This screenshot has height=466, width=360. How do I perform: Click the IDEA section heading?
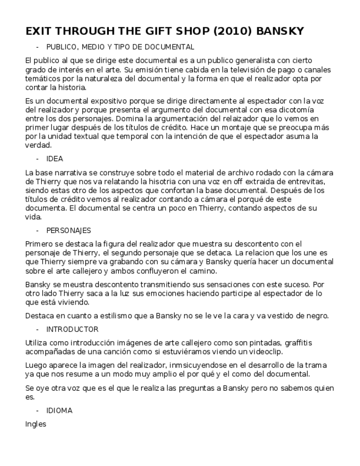tap(54, 159)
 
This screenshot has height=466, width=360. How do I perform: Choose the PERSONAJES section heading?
tap(69, 230)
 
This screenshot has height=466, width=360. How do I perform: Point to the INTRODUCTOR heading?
tap(73, 329)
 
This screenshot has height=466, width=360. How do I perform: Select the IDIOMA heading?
tap(59, 410)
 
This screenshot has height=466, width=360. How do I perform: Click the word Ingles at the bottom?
tap(36, 424)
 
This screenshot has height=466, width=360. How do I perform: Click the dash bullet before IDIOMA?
tap(37, 410)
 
